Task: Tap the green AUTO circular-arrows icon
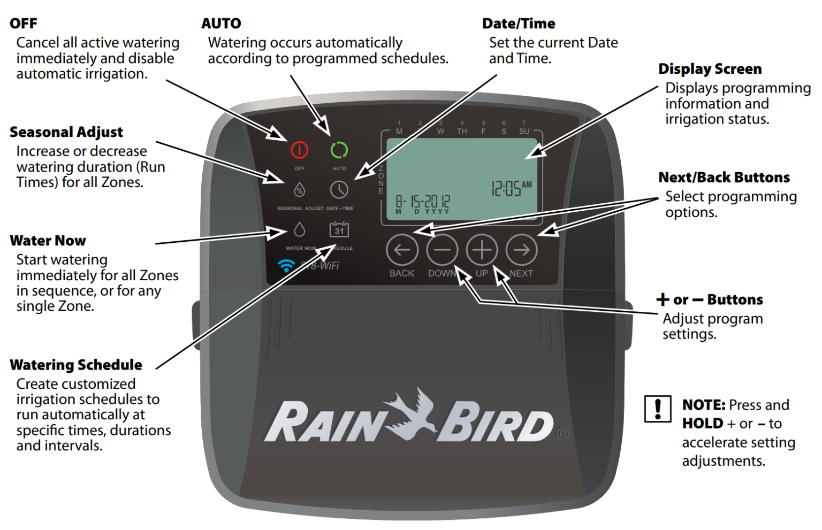(339, 150)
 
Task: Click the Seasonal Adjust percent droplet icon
(299, 190)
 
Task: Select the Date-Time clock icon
(339, 190)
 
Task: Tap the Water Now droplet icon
(299, 230)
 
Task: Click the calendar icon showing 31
(339, 230)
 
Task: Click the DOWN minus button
(442, 250)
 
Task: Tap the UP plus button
(482, 250)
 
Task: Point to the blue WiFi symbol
(286, 265)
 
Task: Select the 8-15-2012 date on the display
(423, 202)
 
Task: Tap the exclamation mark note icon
(658, 409)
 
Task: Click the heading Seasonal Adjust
(66, 132)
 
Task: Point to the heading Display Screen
(710, 69)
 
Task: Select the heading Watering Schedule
(76, 365)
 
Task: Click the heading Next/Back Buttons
(724, 178)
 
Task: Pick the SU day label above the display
(524, 132)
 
